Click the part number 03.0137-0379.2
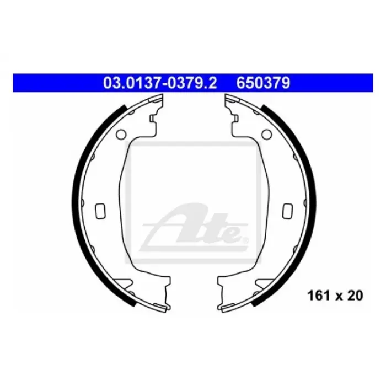[x=160, y=83]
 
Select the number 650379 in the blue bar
[x=263, y=83]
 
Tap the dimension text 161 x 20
[x=335, y=296]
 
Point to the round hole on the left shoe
[x=121, y=134]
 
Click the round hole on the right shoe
[x=266, y=134]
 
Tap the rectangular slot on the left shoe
[x=100, y=211]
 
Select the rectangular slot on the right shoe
[x=287, y=211]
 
